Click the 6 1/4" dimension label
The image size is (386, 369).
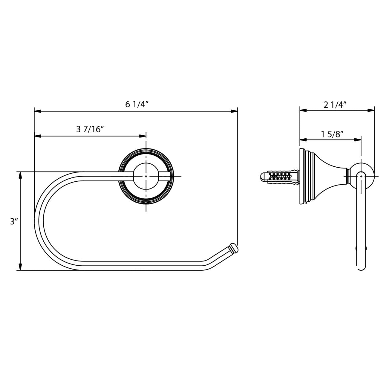pos(137,104)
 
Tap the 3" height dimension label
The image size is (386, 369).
pos(14,221)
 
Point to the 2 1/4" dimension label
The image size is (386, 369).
pos(335,105)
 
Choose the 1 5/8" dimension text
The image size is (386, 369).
pos(332,134)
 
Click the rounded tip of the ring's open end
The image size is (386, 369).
pos(233,248)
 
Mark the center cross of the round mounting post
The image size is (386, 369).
pos(146,176)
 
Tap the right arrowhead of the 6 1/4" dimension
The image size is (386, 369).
pos(235,111)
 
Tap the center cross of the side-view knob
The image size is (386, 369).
pos(361,176)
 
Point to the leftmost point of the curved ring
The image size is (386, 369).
pos(34,221)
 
